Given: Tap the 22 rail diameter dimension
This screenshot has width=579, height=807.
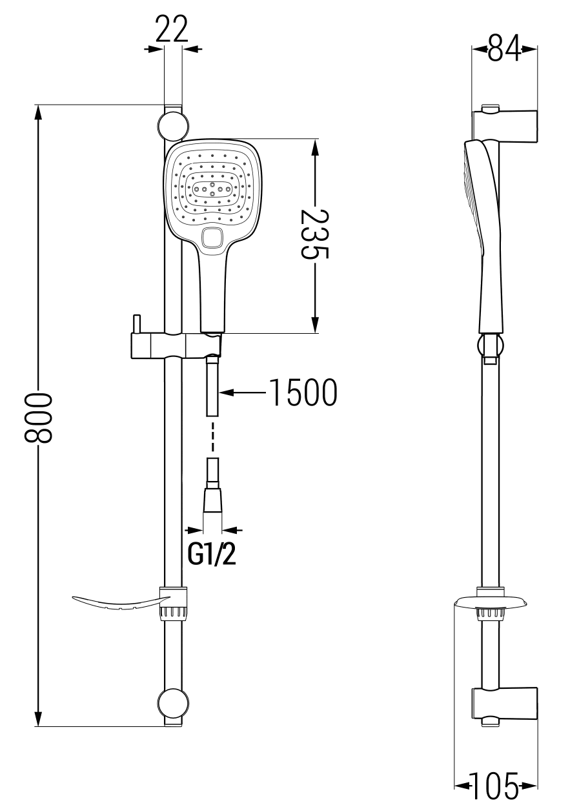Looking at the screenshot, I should pos(172,29).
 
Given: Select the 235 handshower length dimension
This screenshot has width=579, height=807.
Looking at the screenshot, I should pos(315,234).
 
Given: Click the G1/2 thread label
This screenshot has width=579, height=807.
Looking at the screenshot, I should pos(212,553).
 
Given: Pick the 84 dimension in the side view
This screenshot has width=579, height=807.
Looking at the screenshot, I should pos(505,48).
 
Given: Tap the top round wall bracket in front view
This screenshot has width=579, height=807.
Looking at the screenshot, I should pos(173,125).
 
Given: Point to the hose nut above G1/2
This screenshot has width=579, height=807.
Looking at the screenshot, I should pos(213,500).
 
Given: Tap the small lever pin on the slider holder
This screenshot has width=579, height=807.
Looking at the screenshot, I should pos(136,323).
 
